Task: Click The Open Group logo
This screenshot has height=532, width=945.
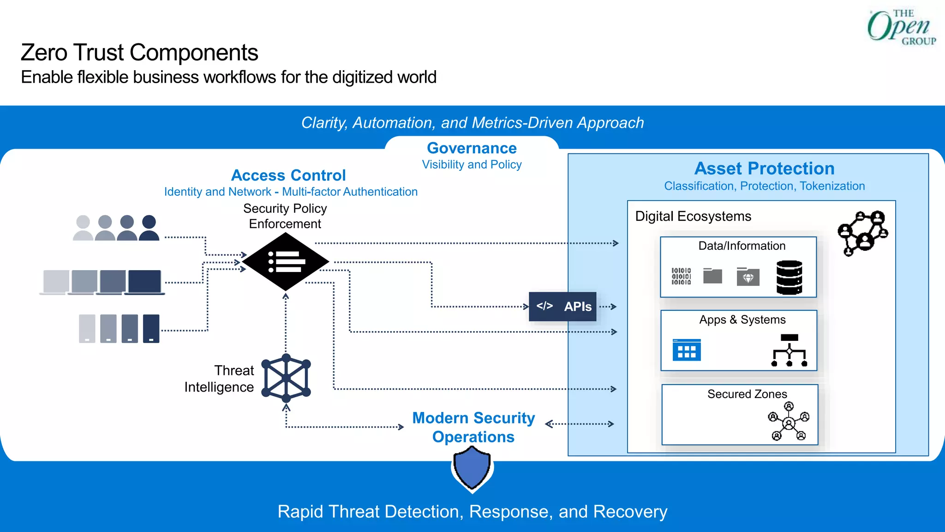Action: [901, 28]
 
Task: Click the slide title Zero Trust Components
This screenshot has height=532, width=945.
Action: [139, 53]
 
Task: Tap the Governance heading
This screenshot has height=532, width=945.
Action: [472, 148]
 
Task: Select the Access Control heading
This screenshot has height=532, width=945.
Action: [288, 175]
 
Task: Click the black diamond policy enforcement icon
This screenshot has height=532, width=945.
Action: [286, 262]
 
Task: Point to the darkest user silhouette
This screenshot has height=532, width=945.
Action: [149, 228]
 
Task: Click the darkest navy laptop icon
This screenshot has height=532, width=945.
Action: [144, 282]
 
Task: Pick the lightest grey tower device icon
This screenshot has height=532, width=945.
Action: [87, 328]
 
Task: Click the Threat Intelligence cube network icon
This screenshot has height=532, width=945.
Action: [286, 378]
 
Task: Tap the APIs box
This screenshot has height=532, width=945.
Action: [562, 307]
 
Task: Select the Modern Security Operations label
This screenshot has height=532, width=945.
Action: [473, 427]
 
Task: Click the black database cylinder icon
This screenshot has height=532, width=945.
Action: [789, 278]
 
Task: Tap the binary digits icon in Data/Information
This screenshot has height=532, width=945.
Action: [681, 276]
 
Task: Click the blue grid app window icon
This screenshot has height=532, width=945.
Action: [687, 350]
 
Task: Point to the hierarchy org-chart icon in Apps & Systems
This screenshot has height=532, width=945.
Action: [789, 351]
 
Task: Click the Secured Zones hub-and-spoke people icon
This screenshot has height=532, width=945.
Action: [789, 422]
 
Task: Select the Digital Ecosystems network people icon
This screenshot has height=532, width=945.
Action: [862, 233]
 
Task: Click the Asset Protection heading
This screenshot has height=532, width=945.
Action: [764, 169]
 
